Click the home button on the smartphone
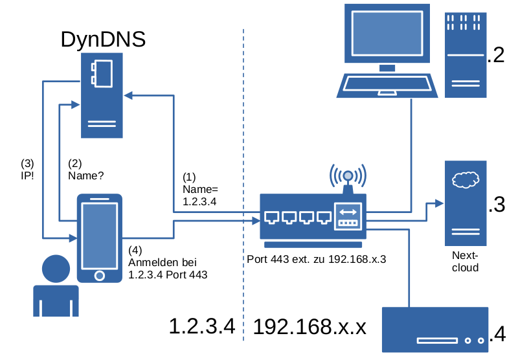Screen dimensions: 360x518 pos(99,275)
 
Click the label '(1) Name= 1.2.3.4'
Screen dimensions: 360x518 pos(200,189)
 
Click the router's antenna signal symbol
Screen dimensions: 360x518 pos(348,175)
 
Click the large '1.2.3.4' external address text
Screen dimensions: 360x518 pos(201,326)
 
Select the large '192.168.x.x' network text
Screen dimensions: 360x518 pos(310,326)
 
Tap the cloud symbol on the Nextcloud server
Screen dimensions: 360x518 pos(465,179)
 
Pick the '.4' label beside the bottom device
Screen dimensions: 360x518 pos(498,334)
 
